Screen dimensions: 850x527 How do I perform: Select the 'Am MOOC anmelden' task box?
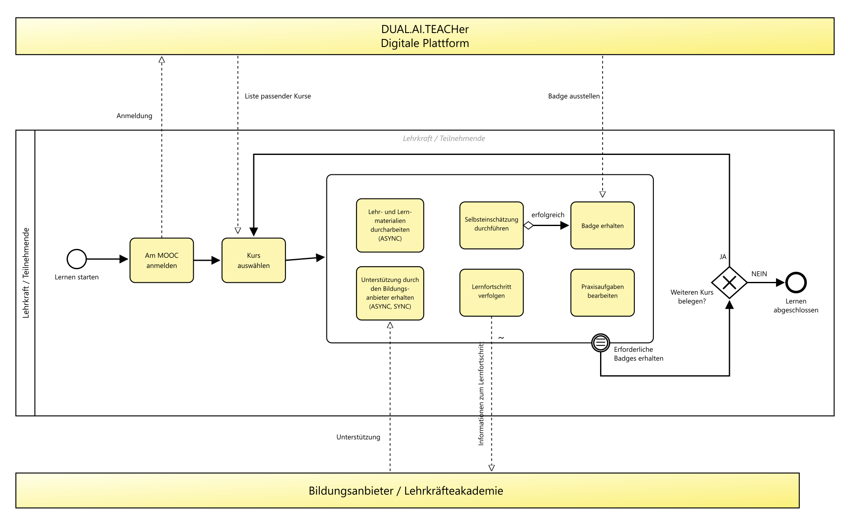162,260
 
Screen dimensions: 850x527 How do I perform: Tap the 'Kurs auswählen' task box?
254,260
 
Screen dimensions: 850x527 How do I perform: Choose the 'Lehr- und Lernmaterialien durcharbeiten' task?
390,225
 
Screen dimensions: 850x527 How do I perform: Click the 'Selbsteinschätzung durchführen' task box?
491,225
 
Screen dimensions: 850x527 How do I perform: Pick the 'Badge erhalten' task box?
603,225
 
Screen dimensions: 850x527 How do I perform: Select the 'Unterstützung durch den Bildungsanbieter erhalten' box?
390,293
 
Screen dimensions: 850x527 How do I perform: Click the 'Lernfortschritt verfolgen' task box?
491,292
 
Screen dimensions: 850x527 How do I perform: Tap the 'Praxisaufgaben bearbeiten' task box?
603,292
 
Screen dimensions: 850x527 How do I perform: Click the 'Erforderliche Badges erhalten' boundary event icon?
600,343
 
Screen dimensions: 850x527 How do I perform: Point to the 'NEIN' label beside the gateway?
759,274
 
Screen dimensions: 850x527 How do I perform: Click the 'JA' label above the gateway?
723,257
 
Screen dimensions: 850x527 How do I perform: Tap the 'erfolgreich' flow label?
548,215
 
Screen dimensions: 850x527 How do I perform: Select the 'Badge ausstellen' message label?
574,96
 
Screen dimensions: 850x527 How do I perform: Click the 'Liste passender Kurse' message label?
278,96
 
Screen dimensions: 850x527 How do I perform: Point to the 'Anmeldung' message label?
134,116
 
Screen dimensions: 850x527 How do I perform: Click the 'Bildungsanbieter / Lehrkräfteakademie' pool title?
406,491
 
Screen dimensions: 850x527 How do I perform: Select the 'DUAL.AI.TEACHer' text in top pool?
425,29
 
